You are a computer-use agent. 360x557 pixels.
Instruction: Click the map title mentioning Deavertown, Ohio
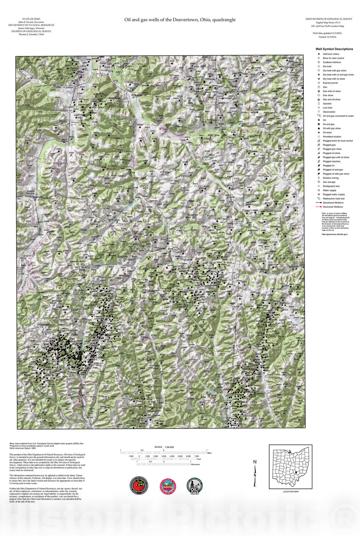[180, 20]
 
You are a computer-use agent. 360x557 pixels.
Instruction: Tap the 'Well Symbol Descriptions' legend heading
[334, 49]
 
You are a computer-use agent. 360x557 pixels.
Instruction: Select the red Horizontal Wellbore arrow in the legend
[318, 207]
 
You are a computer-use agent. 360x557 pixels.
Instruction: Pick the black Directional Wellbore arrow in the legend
[318, 203]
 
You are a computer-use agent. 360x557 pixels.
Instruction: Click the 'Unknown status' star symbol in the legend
[318, 54]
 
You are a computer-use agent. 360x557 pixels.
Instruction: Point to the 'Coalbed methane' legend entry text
[332, 62]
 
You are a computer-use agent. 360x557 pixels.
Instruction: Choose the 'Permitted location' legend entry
[332, 137]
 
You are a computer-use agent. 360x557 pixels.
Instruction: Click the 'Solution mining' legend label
[330, 178]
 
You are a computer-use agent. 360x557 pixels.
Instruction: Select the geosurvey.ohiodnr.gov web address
[335, 234]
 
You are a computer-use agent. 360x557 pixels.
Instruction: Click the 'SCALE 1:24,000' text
[164, 447]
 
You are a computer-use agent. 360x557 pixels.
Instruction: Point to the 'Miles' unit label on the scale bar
[209, 453]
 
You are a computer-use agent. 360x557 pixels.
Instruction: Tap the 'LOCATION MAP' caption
[290, 492]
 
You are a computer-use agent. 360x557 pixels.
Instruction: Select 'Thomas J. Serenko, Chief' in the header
[31, 34]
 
